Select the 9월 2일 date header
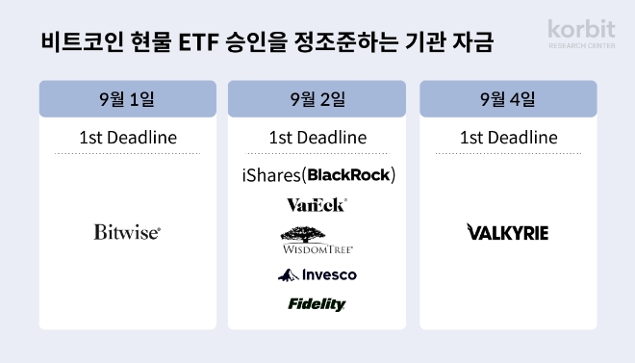click(317, 99)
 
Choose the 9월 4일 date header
click(508, 99)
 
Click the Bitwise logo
click(127, 232)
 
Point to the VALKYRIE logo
click(507, 232)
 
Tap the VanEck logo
click(317, 204)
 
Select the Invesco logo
click(317, 275)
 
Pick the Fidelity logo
click(317, 304)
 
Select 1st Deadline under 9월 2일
click(317, 138)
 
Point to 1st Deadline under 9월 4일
click(508, 138)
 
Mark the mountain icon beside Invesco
click(286, 276)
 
